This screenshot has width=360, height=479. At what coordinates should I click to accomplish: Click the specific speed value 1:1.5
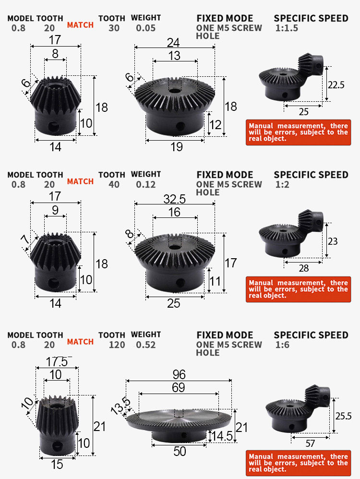(x=287, y=28)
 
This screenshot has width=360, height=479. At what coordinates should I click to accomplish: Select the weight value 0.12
(x=145, y=184)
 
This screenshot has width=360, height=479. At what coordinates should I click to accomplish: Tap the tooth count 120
(x=117, y=345)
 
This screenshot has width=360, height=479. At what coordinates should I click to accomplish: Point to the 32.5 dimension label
(x=175, y=199)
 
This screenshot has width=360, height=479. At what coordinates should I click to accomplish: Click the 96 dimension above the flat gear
(x=179, y=374)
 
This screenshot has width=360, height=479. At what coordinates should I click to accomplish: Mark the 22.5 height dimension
(x=336, y=85)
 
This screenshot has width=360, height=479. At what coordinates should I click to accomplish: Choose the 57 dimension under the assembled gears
(x=310, y=443)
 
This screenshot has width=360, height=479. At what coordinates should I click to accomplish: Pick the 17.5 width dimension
(x=57, y=362)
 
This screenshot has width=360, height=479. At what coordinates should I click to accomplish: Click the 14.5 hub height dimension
(x=222, y=436)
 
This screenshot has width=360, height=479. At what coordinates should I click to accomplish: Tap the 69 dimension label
(x=179, y=388)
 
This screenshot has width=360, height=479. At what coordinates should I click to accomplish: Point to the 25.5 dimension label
(x=344, y=416)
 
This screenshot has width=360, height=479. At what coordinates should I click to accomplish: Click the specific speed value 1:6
(x=282, y=345)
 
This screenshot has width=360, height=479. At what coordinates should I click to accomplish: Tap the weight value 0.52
(x=145, y=345)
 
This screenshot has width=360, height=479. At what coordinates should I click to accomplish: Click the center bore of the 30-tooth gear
(x=175, y=91)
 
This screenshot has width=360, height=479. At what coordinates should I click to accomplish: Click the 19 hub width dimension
(x=177, y=147)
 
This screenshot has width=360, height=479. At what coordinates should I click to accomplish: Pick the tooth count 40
(x=114, y=184)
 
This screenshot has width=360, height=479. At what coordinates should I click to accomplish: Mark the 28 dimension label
(x=304, y=268)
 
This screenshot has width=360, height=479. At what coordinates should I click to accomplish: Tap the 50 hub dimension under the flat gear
(x=180, y=452)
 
